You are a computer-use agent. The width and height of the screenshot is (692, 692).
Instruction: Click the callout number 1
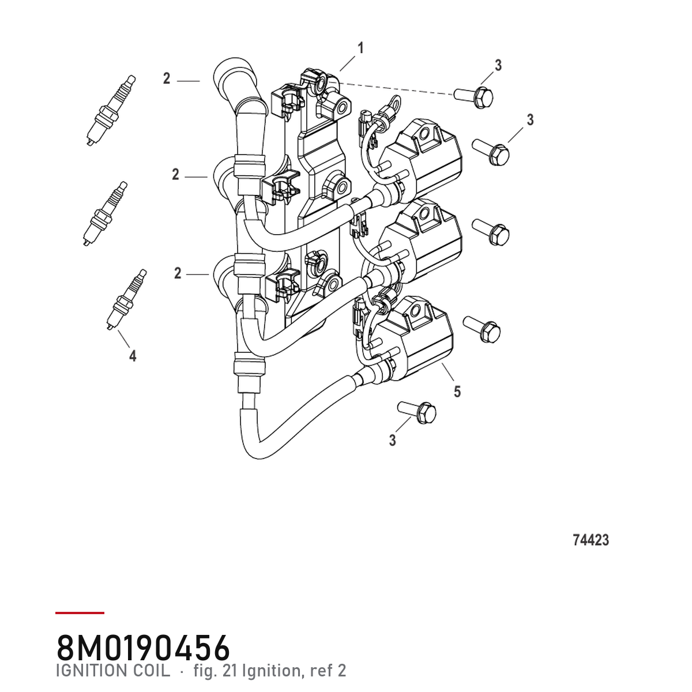point(360,48)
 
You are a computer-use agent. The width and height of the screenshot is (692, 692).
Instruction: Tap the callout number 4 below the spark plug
point(133,356)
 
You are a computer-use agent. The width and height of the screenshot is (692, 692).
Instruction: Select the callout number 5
point(457,392)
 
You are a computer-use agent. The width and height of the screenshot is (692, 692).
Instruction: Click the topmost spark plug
point(111,110)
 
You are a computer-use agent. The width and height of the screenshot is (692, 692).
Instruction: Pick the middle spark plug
point(105,214)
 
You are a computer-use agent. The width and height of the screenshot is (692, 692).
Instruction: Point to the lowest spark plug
point(127,299)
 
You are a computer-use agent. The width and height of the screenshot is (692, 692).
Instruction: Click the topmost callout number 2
point(166,78)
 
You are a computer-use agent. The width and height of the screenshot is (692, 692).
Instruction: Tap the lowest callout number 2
point(178,274)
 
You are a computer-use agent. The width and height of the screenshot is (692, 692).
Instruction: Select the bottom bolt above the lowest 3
point(417,412)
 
